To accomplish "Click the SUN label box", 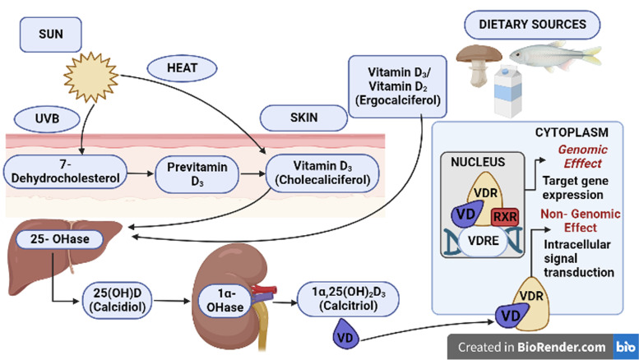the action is coord(50,35).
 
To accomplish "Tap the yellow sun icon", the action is coord(91,76).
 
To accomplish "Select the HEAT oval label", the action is coord(182,68).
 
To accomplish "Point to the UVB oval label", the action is coord(47,119).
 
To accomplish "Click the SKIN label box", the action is coord(303,118).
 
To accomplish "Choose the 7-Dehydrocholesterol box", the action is coord(65,172).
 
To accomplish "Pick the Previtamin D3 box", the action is coord(197,174).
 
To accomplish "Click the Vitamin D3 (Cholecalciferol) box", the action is coord(322,173).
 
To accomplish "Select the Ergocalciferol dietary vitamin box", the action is coord(397,87).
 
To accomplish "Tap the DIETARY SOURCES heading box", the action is coord(532,25).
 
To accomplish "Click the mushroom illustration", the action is coord(479,64).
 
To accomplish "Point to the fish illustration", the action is coord(555,55).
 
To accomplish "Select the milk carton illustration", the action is coord(507,91).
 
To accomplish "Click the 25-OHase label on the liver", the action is coord(59,239).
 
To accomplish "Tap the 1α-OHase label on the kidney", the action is coord(225,301).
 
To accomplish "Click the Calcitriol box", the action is coord(348,299).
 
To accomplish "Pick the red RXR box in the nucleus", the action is coord(505,217).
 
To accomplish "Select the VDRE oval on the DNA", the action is coord(483,241).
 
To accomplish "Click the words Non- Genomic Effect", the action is coord(581,221).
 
